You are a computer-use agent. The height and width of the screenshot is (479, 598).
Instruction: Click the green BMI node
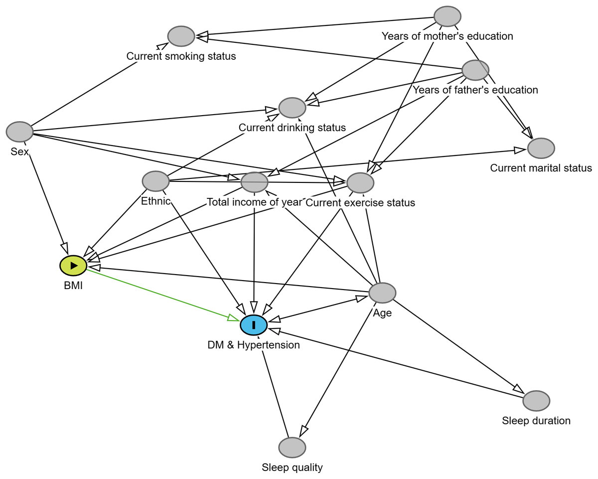pyautogui.click(x=73, y=266)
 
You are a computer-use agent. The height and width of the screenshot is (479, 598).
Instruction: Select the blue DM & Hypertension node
pyautogui.click(x=254, y=325)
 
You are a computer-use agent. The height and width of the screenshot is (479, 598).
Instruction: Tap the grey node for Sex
pyautogui.click(x=19, y=132)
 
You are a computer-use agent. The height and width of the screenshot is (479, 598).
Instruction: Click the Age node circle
pyautogui.click(x=382, y=293)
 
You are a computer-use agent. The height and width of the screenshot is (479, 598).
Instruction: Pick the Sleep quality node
pyautogui.click(x=292, y=447)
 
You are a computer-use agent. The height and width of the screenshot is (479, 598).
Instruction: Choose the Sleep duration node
pyautogui.click(x=536, y=400)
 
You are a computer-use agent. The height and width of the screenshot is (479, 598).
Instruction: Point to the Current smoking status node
pyautogui.click(x=181, y=36)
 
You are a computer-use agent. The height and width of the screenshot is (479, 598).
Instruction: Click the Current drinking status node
pyautogui.click(x=292, y=108)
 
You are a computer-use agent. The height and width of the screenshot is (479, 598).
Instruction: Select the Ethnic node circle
pyautogui.click(x=155, y=181)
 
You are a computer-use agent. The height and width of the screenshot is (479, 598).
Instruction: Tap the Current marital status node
pyautogui.click(x=541, y=148)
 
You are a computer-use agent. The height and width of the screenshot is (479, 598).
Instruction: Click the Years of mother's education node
pyautogui.click(x=447, y=16)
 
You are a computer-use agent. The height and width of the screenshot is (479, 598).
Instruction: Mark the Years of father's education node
pyautogui.click(x=475, y=70)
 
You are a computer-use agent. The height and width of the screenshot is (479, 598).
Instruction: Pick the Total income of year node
pyautogui.click(x=255, y=182)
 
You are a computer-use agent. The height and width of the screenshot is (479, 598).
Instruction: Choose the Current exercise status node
pyautogui.click(x=360, y=183)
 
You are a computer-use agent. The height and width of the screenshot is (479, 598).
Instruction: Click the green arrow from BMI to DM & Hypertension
pyautogui.click(x=159, y=294)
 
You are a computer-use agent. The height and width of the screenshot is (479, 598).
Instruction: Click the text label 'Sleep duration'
pyautogui.click(x=536, y=421)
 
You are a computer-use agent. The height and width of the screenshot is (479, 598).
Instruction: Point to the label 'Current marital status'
pyautogui.click(x=541, y=168)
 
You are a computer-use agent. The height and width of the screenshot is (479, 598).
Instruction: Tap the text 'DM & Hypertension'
pyautogui.click(x=254, y=345)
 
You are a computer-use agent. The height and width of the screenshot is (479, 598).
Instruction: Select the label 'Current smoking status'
pyautogui.click(x=181, y=56)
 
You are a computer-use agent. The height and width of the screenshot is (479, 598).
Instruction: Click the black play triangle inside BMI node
pyautogui.click(x=74, y=266)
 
